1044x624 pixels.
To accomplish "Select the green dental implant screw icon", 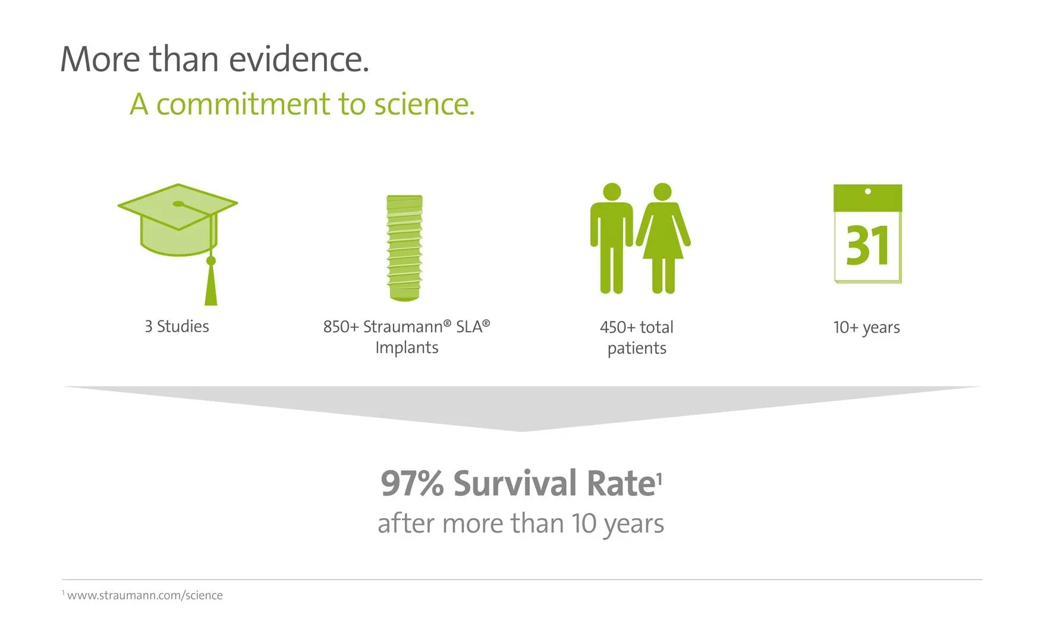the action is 404,248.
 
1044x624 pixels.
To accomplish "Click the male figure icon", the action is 612,238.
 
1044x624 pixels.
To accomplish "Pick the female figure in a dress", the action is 663,238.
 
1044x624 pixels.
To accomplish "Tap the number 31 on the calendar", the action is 867,245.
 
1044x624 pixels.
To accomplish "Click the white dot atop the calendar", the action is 868,191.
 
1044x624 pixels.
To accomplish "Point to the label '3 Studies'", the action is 177,326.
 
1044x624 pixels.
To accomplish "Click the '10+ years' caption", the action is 866,327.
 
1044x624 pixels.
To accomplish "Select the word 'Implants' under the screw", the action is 407,348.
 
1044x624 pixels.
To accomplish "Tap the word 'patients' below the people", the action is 637,348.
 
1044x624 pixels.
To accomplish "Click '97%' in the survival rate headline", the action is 412,483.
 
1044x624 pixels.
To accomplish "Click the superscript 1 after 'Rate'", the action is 659,477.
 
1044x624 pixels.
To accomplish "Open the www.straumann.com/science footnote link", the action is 145,595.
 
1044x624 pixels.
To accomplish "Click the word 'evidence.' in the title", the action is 299,59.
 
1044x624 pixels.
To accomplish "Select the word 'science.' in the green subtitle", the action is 424,104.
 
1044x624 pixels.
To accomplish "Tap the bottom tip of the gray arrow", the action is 521,431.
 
